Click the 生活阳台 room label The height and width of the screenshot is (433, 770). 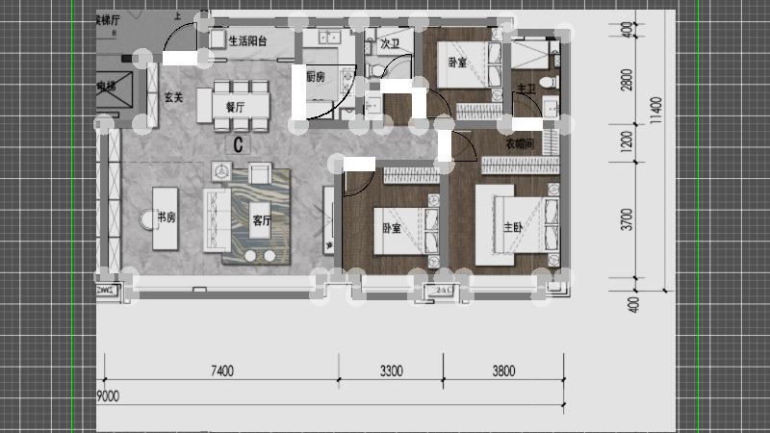coord(248,40)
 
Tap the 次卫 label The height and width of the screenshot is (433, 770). coord(389,43)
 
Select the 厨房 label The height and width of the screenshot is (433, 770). coord(317,77)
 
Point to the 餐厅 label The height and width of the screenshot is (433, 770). coord(235,108)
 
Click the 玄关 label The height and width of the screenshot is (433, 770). coord(173,97)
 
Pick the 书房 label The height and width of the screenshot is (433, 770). coord(167,217)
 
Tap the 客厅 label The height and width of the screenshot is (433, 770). coord(263,219)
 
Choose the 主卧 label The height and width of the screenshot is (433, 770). coord(514,228)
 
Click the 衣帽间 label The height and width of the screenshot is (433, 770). coord(521,144)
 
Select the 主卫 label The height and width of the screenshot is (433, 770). coord(526,89)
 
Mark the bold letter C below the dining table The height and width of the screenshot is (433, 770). coord(238,145)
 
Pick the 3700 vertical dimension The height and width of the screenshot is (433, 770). coord(627,220)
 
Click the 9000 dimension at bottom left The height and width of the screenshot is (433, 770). coord(108,395)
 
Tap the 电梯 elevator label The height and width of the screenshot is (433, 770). coord(106,88)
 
